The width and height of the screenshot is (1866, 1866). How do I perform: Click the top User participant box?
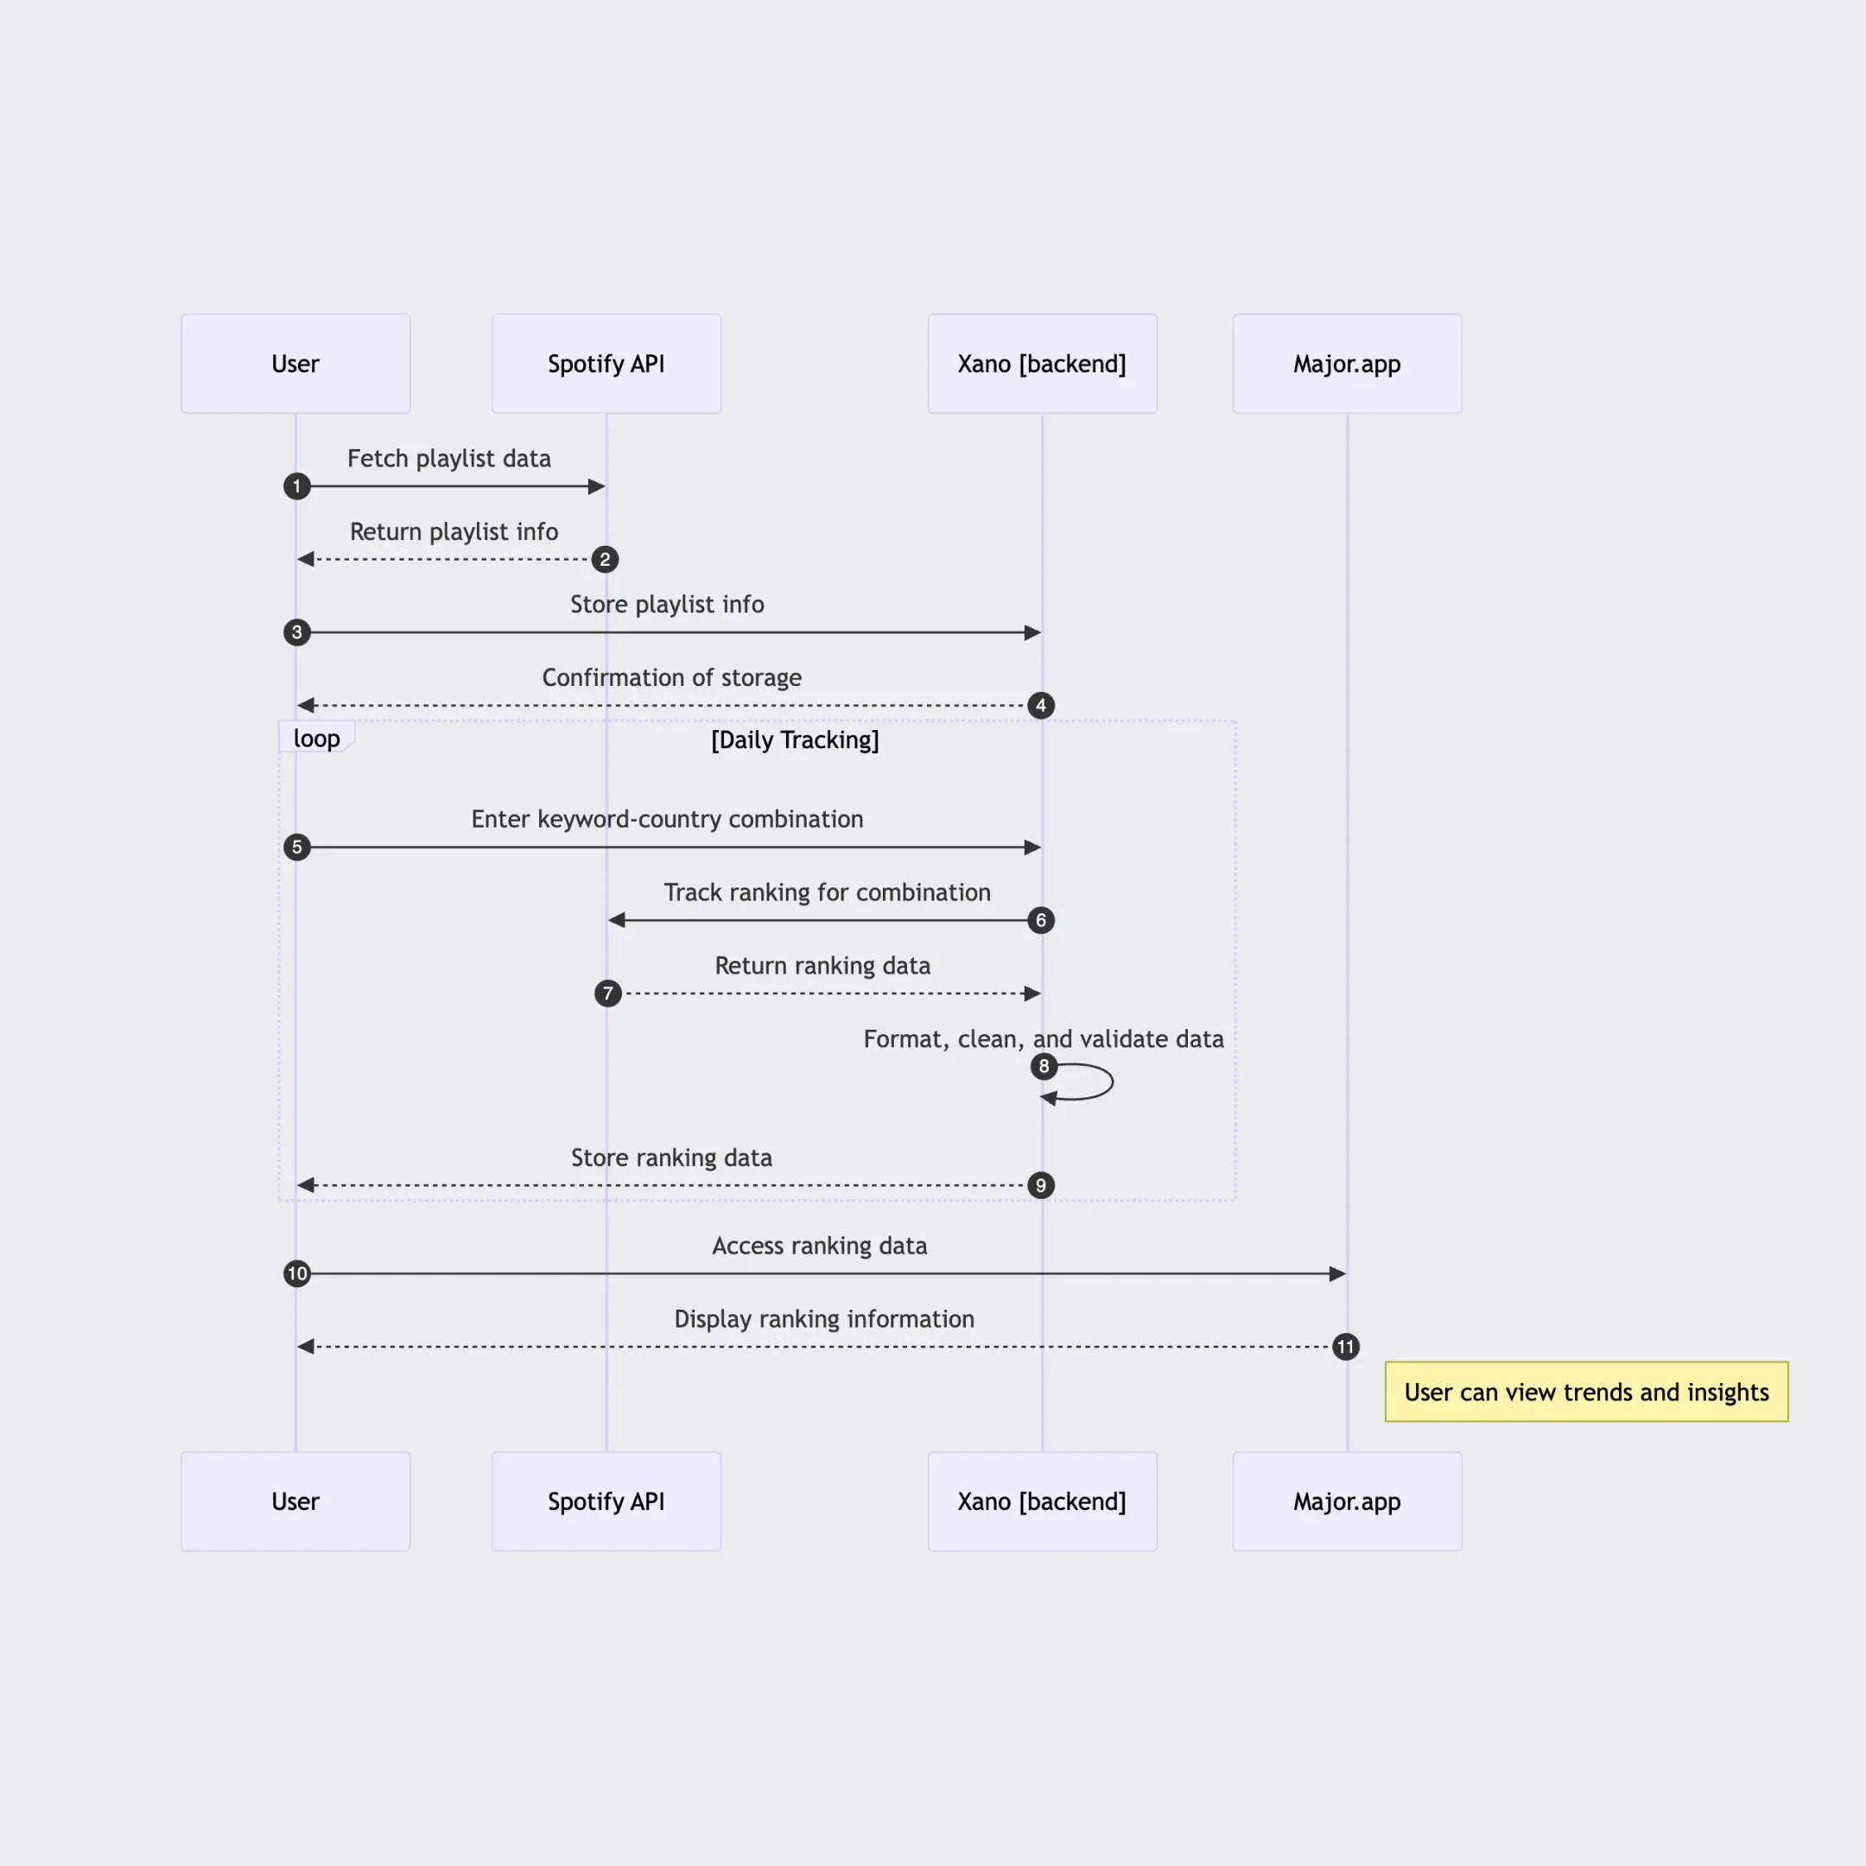295,364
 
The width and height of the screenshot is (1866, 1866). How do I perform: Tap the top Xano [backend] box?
1042,364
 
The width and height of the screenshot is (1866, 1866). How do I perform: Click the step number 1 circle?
296,486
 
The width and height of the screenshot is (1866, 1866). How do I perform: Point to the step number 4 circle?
1040,705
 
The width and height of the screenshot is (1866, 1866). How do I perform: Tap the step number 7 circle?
607,993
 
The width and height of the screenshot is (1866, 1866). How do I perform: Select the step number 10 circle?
296,1273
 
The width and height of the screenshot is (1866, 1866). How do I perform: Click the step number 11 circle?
1345,1347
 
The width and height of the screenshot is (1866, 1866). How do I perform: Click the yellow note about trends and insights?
1586,1392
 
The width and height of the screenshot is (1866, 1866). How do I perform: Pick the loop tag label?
317,738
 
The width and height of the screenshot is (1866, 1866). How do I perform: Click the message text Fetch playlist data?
449,458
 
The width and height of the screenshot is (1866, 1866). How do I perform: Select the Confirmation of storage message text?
671,677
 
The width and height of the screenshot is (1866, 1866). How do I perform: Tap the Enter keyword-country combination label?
666,819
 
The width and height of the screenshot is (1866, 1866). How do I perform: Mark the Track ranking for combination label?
827,892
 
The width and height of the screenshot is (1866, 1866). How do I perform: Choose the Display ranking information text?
824,1318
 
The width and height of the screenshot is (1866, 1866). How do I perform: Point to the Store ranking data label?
671,1157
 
